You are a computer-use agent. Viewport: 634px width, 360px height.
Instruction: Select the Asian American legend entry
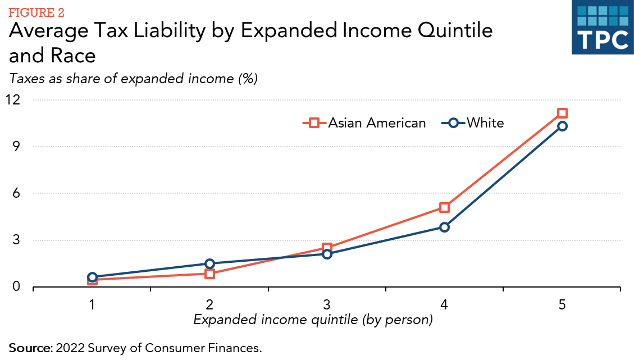(x=365, y=123)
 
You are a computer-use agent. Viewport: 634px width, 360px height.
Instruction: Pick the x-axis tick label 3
(x=326, y=306)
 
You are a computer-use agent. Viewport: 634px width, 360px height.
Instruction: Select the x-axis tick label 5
(x=562, y=306)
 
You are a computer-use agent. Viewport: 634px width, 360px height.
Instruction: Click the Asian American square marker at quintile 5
(x=562, y=113)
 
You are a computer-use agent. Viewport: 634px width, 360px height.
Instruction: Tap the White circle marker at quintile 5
(x=562, y=126)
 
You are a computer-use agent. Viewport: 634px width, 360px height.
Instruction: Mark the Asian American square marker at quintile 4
(x=444, y=208)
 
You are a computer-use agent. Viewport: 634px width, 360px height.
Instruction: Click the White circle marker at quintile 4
(x=444, y=227)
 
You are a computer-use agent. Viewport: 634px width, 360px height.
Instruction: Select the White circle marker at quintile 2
(x=209, y=263)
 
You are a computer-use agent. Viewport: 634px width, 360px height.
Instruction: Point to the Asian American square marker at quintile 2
(x=209, y=274)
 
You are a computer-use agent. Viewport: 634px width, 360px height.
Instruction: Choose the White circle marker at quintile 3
(x=327, y=254)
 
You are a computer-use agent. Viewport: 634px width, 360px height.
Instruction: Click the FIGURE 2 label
(x=36, y=12)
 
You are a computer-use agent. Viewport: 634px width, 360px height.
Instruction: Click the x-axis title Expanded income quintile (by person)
(x=313, y=320)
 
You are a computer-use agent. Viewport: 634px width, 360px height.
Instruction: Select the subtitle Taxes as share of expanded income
(x=133, y=79)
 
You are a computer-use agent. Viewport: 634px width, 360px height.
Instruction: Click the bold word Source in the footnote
(x=29, y=347)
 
